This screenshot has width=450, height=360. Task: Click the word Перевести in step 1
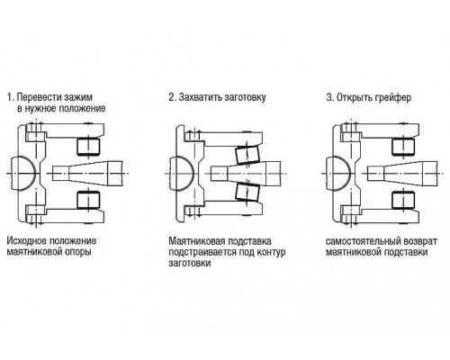pyautogui.click(x=39, y=98)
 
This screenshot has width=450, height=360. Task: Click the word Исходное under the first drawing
pyautogui.click(x=27, y=241)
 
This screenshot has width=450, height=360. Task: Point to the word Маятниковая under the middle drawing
pyautogui.click(x=197, y=241)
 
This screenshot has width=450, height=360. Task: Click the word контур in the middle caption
pyautogui.click(x=271, y=252)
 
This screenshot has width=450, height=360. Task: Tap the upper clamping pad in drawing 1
pyautogui.click(x=88, y=147)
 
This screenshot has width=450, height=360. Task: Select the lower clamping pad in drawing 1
pyautogui.click(x=88, y=200)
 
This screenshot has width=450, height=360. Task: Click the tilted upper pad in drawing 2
pyautogui.click(x=247, y=155)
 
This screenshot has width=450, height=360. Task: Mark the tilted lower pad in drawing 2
pyautogui.click(x=247, y=192)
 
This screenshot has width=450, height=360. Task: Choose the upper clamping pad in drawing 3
pyautogui.click(x=403, y=147)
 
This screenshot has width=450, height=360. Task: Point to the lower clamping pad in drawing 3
pyautogui.click(x=403, y=200)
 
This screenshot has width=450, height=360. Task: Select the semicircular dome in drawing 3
pyautogui.click(x=337, y=174)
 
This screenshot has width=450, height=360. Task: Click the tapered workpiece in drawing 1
pyautogui.click(x=87, y=173)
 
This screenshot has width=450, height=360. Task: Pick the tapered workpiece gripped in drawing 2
pyautogui.click(x=246, y=173)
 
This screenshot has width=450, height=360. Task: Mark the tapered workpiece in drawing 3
pyautogui.click(x=402, y=173)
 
